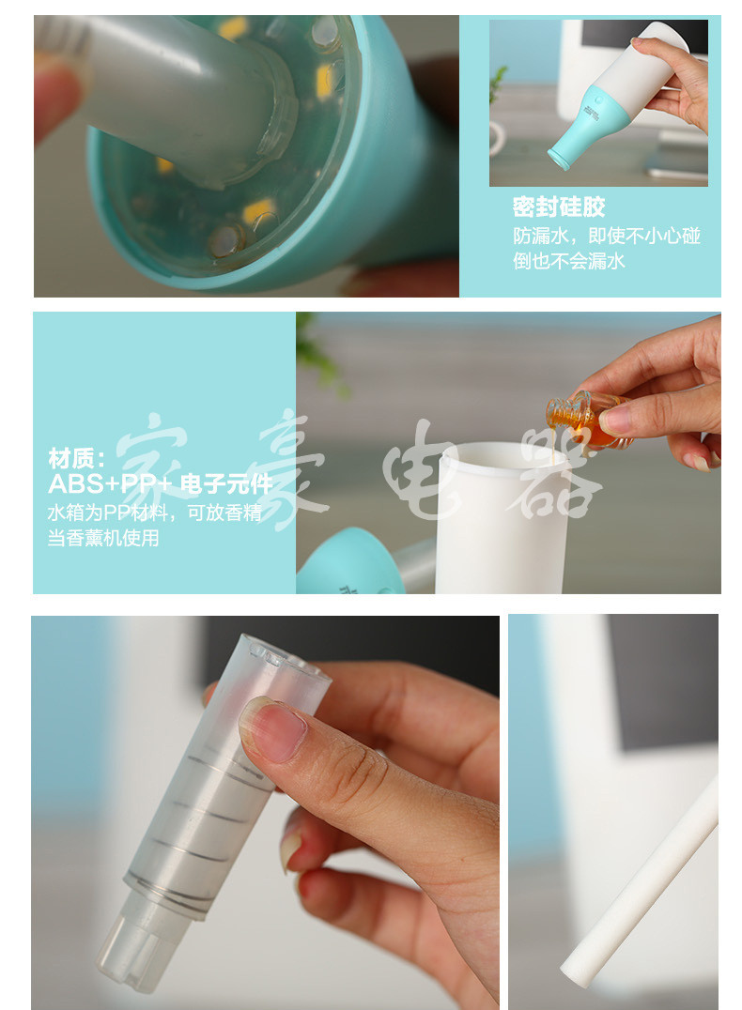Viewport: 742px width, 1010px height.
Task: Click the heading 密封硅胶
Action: point(559,207)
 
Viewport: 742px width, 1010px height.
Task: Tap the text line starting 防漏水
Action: point(607,236)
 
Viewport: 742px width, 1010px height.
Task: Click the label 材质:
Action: point(77,459)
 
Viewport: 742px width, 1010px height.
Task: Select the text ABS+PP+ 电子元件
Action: point(161,484)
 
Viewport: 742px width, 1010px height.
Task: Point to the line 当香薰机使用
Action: point(103,538)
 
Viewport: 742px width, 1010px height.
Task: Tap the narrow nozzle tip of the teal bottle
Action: point(558,159)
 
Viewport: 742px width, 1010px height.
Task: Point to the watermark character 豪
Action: point(293,467)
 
